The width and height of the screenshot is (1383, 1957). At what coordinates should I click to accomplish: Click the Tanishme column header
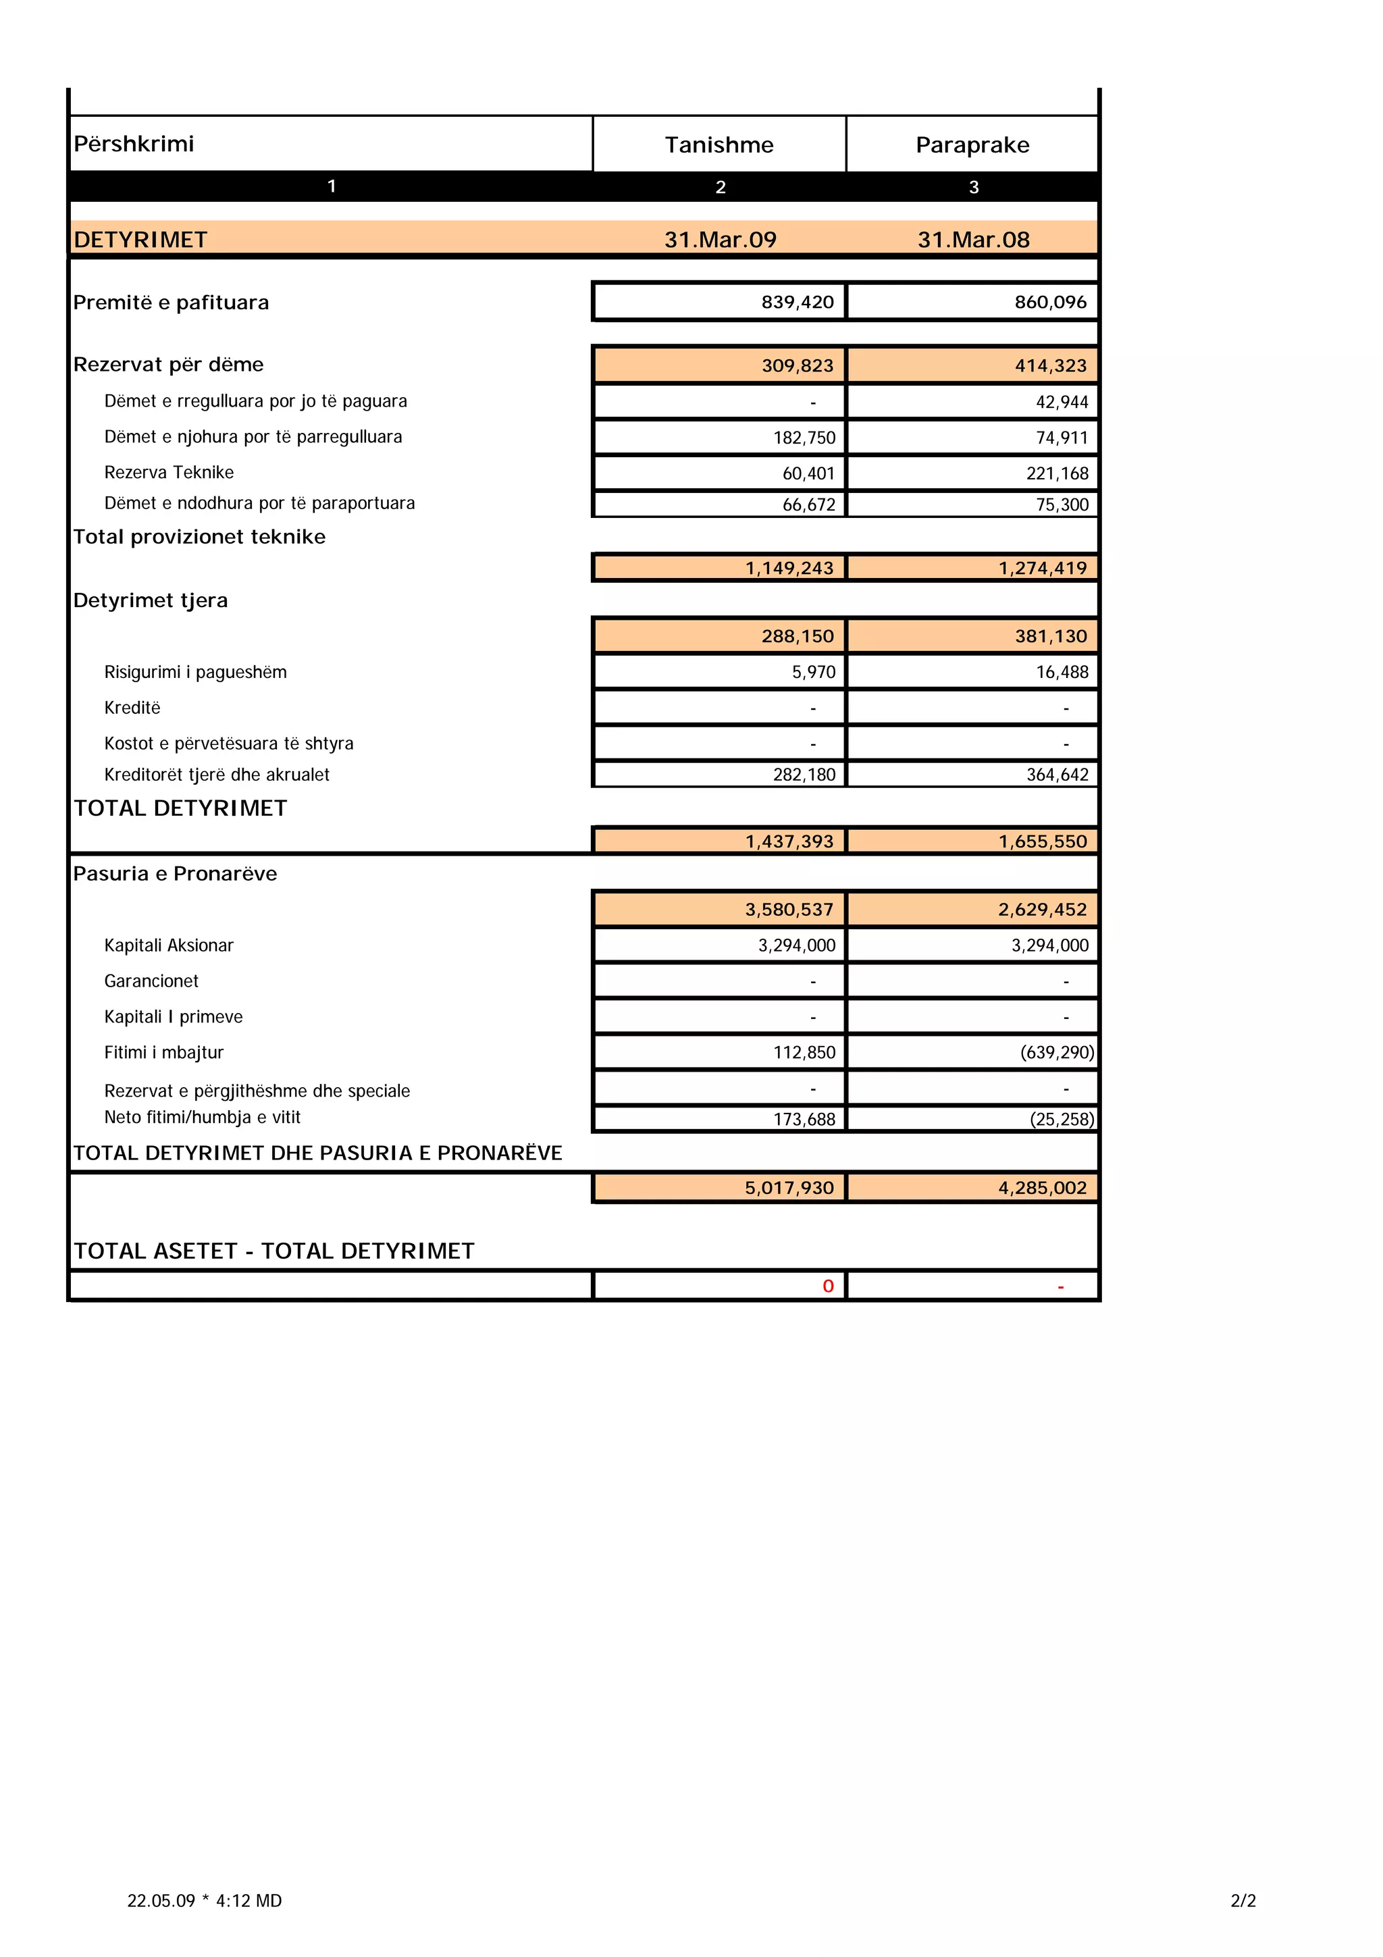click(x=719, y=145)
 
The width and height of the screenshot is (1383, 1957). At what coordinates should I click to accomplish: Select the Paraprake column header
click(x=972, y=145)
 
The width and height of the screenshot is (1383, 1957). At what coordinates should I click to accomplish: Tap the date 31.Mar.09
click(x=720, y=240)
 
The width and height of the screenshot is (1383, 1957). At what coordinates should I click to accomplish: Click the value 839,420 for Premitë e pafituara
click(x=797, y=302)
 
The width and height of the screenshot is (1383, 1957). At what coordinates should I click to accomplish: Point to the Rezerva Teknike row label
click(x=169, y=472)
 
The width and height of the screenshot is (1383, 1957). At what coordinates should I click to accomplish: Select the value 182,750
click(x=804, y=438)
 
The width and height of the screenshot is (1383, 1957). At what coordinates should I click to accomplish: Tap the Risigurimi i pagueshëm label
click(x=195, y=673)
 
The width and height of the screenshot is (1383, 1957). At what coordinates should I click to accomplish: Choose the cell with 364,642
click(x=1057, y=775)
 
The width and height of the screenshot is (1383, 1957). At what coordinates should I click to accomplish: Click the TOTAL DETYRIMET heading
click(x=181, y=808)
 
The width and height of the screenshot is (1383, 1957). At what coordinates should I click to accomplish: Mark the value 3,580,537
click(x=788, y=910)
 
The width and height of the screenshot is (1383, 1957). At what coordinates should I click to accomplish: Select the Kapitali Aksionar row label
click(x=169, y=945)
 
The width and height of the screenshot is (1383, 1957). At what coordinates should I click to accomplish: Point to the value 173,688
click(x=804, y=1119)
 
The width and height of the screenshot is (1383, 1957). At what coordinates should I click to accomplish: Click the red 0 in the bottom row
click(x=827, y=1286)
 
